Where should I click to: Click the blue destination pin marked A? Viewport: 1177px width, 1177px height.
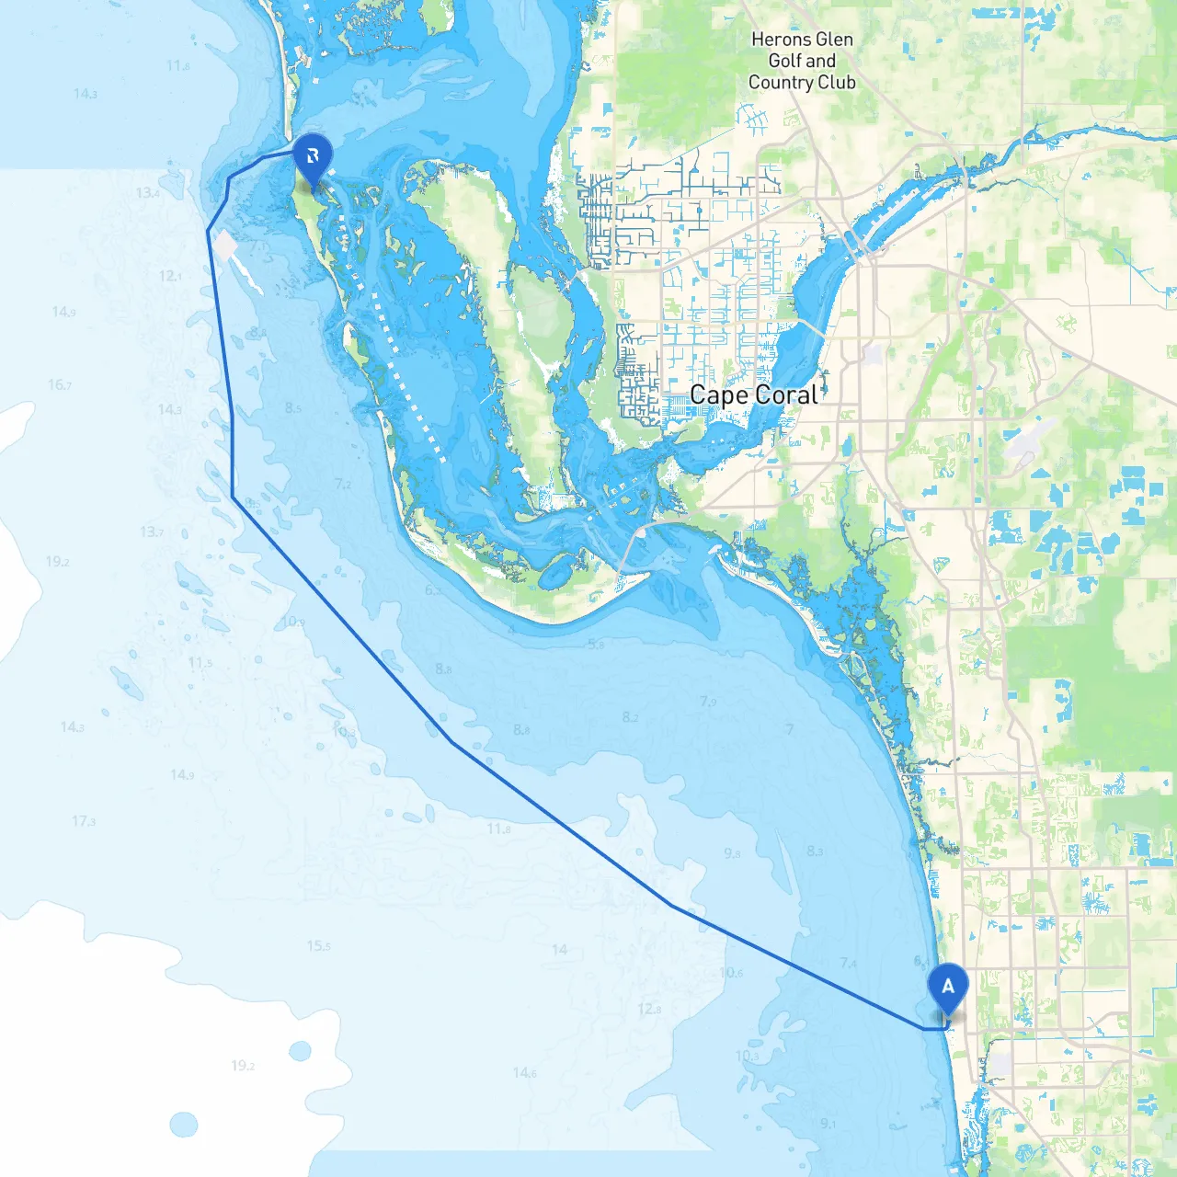pyautogui.click(x=948, y=988)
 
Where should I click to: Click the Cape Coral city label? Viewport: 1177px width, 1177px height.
pyautogui.click(x=753, y=395)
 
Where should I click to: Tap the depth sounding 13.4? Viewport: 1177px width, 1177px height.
pyautogui.click(x=147, y=193)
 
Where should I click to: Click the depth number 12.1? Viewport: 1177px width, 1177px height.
pyautogui.click(x=170, y=276)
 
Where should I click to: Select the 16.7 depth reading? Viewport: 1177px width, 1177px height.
pyautogui.click(x=60, y=384)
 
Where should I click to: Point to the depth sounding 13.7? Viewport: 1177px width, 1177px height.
pyautogui.click(x=152, y=531)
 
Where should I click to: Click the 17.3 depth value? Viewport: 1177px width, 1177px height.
pyautogui.click(x=84, y=821)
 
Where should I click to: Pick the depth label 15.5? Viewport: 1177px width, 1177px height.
pyautogui.click(x=318, y=945)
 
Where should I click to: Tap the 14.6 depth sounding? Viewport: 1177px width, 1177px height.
pyautogui.click(x=524, y=1072)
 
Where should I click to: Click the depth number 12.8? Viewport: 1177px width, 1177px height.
pyautogui.click(x=649, y=1010)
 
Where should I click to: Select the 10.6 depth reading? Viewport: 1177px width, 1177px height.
pyautogui.click(x=731, y=972)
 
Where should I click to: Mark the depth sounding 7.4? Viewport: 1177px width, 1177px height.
pyautogui.click(x=848, y=963)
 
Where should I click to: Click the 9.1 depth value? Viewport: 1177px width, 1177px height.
pyautogui.click(x=828, y=1123)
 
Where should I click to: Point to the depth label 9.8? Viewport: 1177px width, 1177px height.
pyautogui.click(x=732, y=853)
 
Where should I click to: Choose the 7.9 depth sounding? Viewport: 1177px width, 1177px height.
pyautogui.click(x=707, y=702)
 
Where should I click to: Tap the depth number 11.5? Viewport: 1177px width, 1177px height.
pyautogui.click(x=200, y=662)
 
